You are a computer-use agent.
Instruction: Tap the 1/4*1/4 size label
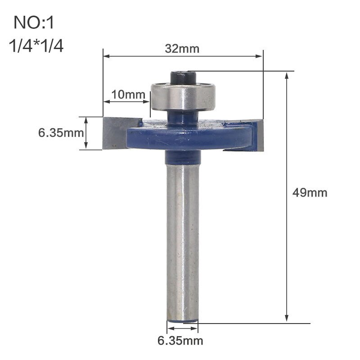(36, 46)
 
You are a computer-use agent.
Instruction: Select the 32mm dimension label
(182, 49)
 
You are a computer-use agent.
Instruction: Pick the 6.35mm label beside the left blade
(61, 133)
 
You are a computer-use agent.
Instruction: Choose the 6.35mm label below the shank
(180, 340)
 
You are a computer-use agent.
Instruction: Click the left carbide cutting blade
(117, 133)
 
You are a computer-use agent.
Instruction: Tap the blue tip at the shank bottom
(182, 320)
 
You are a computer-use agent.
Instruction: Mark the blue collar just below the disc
(182, 157)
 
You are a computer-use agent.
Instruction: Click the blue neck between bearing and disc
(182, 117)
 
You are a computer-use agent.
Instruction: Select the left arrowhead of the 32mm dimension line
(106, 56)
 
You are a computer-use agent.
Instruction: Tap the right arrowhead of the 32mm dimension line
(260, 56)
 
